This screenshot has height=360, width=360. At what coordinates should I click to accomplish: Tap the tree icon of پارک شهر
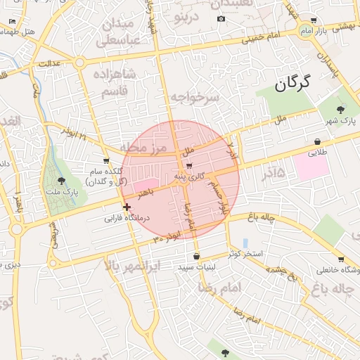coord(341,109)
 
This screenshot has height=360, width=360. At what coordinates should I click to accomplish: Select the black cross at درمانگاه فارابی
coord(127,207)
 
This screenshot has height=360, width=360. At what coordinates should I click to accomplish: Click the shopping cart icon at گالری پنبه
coord(189,166)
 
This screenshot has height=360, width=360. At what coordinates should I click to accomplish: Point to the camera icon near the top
coord(221,18)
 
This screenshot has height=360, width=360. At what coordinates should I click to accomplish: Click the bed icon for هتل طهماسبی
coord(12,22)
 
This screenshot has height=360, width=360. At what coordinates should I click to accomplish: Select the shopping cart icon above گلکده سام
coord(106,160)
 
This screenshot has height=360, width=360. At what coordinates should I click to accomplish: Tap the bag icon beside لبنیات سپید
coord(195,256)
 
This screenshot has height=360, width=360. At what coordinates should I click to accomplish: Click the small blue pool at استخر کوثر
coord(245,243)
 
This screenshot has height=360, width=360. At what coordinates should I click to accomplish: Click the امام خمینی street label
coord(264,35)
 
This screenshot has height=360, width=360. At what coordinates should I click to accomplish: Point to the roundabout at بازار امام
coord(304,33)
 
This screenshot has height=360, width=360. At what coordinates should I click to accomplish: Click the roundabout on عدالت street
coord(79,62)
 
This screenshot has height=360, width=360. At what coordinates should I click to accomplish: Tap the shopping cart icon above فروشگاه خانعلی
coord(340,259)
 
